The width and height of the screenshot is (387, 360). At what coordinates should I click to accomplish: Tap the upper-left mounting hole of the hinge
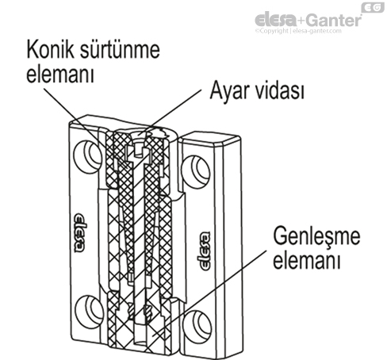(x=85, y=153)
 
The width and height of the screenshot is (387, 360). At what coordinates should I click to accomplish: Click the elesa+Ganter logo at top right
(x=307, y=20)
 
